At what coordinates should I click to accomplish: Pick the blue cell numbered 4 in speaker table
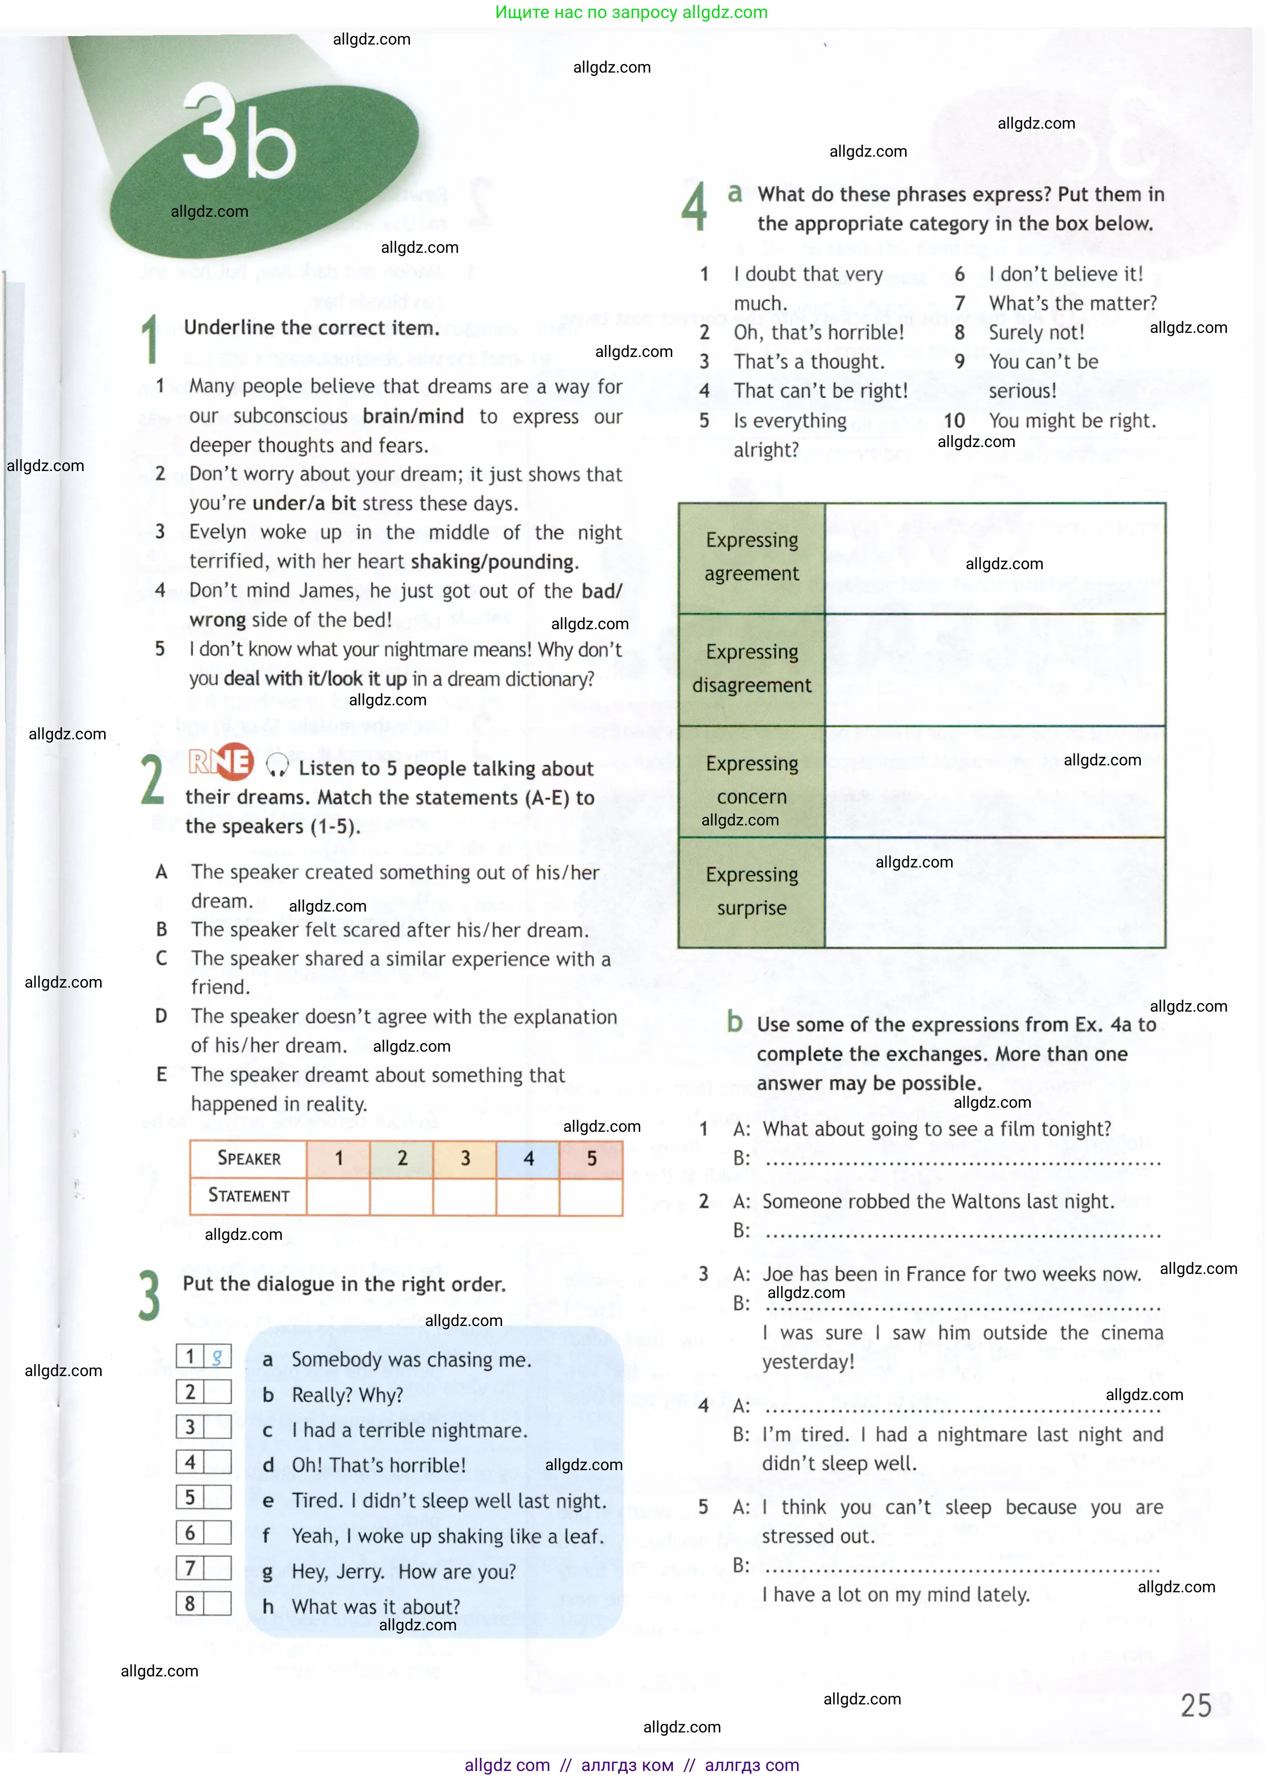point(528,1159)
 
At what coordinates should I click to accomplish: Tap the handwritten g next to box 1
point(217,1357)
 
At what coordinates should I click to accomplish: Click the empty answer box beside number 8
point(217,1603)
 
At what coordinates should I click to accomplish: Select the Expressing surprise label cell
point(752,892)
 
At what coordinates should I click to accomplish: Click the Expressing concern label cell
point(752,780)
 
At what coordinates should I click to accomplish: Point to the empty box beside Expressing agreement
point(994,558)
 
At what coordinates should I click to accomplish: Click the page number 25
point(1196,1705)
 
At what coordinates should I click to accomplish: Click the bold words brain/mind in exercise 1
point(413,416)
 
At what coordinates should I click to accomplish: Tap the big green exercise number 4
point(693,206)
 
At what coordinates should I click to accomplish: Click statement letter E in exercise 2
point(161,1075)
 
